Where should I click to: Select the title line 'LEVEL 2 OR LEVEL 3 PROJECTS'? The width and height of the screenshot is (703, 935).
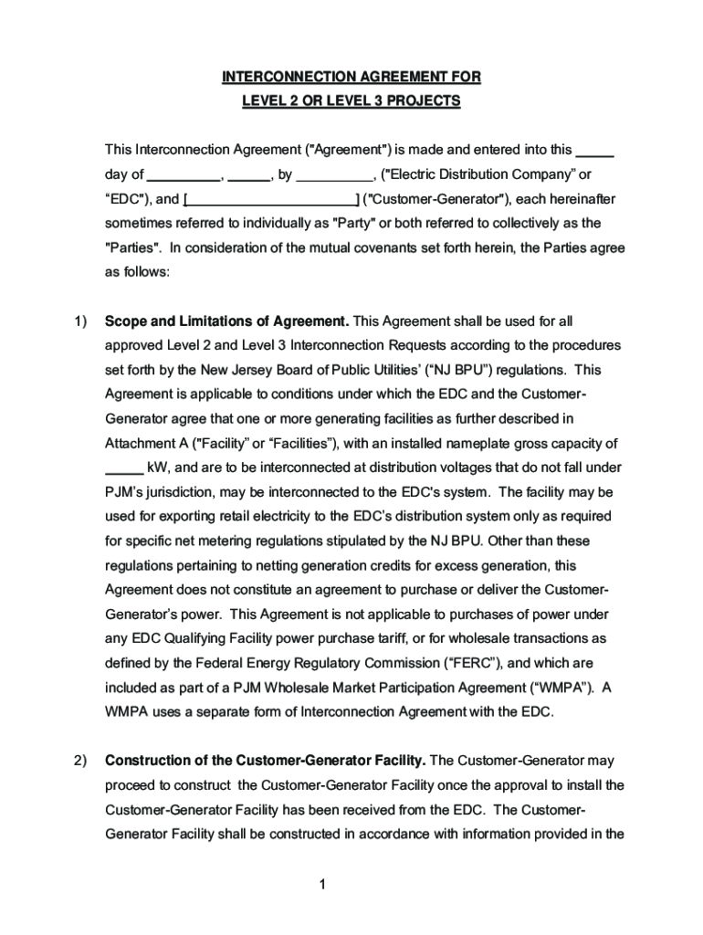[351, 101]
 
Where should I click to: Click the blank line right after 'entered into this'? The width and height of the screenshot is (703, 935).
[597, 151]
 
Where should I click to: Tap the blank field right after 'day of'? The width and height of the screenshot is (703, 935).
[184, 175]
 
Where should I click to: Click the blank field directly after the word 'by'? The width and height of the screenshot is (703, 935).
[334, 175]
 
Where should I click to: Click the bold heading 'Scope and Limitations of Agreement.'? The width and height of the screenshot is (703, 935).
[226, 320]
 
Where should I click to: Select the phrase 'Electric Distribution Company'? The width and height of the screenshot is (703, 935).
[477, 175]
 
